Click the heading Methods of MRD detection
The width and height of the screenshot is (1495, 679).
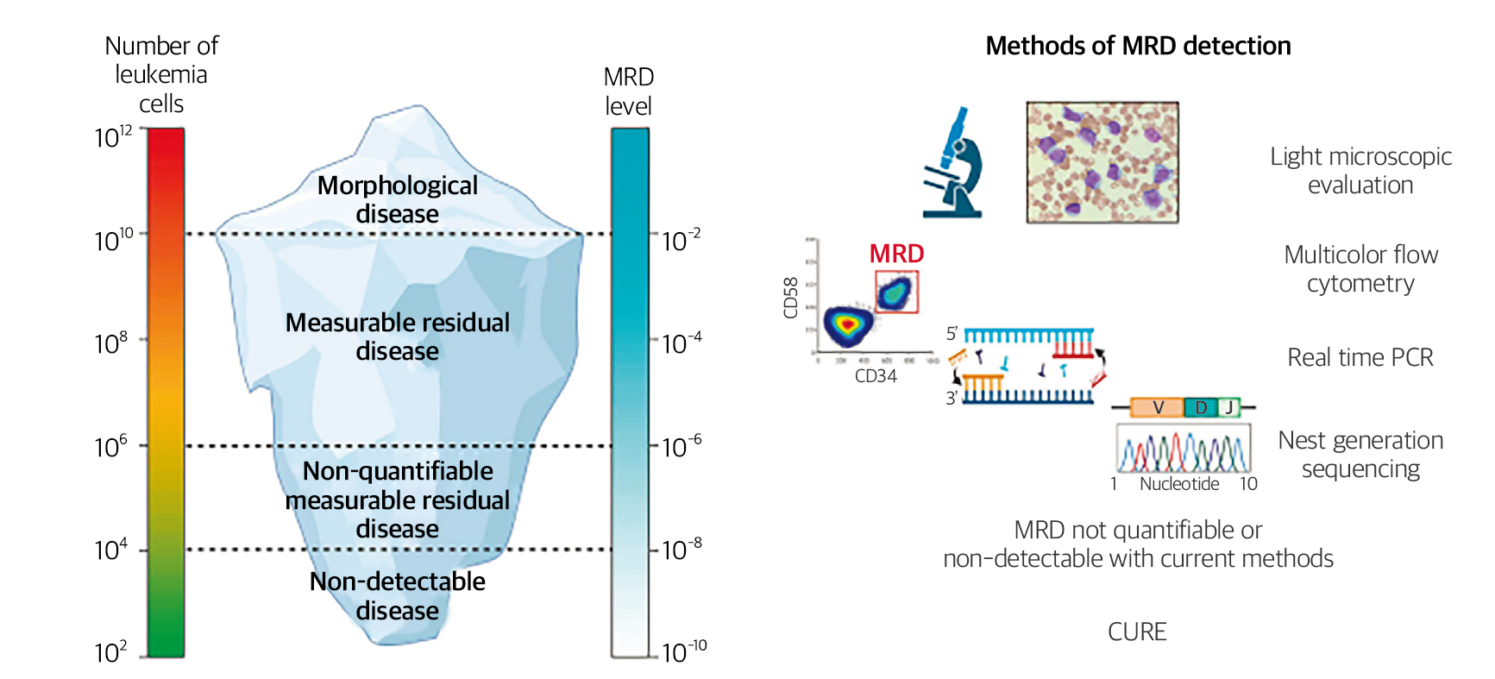(x=1138, y=46)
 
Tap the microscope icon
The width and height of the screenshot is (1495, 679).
(x=953, y=164)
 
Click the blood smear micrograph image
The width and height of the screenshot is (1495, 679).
(x=1102, y=162)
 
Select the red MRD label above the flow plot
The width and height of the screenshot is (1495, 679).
(x=896, y=254)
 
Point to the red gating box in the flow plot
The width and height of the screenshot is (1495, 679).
(x=896, y=292)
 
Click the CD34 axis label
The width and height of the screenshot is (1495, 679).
(x=876, y=376)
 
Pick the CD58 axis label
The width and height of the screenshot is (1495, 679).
(x=790, y=298)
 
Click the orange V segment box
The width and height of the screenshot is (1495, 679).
(x=1157, y=407)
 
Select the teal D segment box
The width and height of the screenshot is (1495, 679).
(x=1200, y=407)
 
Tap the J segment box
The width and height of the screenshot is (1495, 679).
(x=1228, y=407)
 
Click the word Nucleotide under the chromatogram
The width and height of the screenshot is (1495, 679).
(x=1179, y=484)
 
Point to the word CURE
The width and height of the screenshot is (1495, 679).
(x=1137, y=632)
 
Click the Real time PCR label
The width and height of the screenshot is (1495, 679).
(x=1360, y=357)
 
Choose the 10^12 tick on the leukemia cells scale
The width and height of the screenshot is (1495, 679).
(x=113, y=136)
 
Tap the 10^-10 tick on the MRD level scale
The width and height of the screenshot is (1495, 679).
(x=683, y=651)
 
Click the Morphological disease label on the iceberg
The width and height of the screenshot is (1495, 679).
(x=397, y=199)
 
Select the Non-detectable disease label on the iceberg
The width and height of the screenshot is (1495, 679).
(x=397, y=596)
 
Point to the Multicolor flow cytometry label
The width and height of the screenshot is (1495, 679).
(x=1360, y=269)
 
